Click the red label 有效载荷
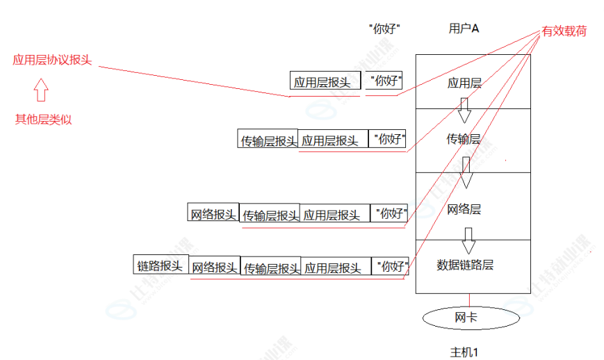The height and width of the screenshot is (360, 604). [564, 31]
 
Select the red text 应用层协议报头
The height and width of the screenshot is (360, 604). [52, 60]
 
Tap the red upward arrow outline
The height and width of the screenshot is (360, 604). [41, 90]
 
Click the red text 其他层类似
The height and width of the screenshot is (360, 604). [43, 119]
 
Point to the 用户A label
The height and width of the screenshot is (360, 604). [464, 28]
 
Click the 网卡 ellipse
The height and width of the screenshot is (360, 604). [471, 318]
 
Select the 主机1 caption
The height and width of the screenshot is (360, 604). [464, 351]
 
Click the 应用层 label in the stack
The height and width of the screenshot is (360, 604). [464, 83]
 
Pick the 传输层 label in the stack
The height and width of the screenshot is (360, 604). [464, 139]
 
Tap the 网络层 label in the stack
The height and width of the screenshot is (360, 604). [464, 209]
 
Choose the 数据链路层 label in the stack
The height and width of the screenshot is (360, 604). [465, 265]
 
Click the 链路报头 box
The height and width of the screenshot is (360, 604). [161, 265]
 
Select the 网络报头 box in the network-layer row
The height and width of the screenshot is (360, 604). [213, 213]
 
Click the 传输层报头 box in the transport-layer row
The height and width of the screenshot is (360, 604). [268, 139]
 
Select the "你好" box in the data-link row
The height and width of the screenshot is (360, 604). [390, 266]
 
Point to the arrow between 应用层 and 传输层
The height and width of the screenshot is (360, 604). [464, 108]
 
